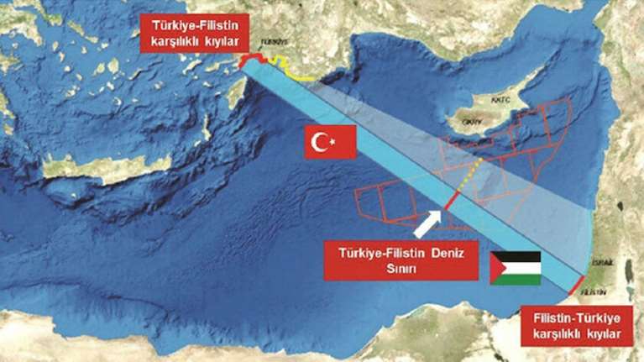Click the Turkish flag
331,143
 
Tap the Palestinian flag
516,267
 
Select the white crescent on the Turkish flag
322,143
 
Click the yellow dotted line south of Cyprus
471,177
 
